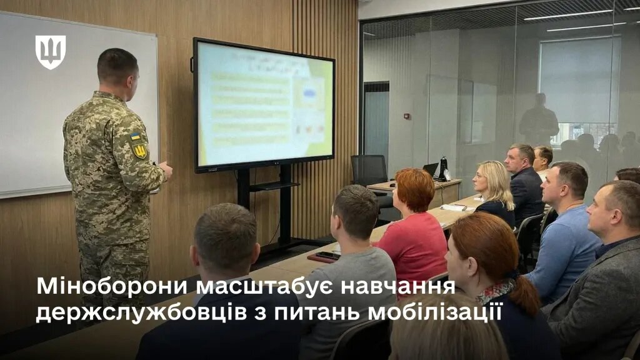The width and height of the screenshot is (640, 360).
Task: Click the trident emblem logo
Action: click(x=51, y=51)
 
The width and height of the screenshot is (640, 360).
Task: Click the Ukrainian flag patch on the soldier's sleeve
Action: click(x=136, y=136)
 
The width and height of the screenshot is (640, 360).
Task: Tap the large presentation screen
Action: click(x=264, y=104)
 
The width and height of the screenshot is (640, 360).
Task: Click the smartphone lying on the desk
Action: click(x=326, y=255)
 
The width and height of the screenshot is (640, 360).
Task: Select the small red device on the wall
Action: click(x=406, y=116)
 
